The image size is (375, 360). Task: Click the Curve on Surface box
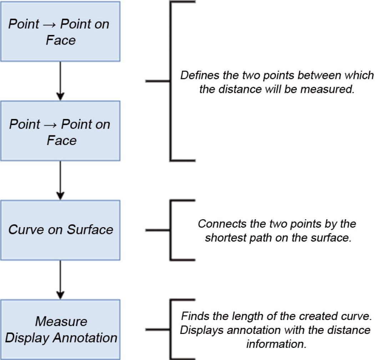pos(60,230)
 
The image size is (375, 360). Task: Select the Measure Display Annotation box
pos(60,329)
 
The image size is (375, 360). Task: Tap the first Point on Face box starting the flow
pos(60,31)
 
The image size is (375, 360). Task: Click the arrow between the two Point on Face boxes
pos(60,81)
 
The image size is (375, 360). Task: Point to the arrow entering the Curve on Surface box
pos(60,180)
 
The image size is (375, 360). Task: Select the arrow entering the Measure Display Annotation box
pos(60,280)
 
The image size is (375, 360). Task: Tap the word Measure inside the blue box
pos(61,321)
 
